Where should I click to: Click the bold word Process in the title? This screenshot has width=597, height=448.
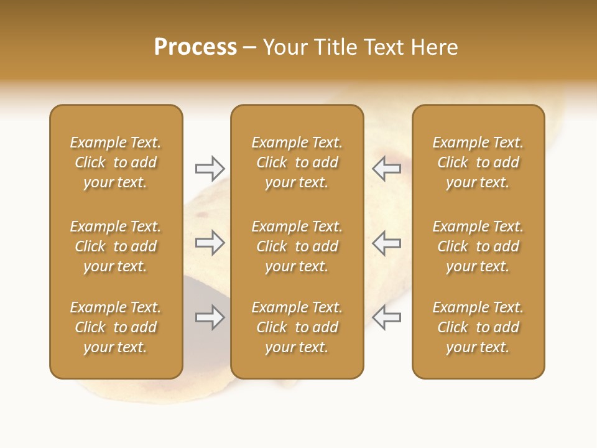(195, 47)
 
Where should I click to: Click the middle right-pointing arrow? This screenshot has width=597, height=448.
(210, 243)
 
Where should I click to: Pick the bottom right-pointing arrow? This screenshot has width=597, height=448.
(210, 317)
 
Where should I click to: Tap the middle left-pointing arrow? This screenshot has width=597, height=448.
(387, 243)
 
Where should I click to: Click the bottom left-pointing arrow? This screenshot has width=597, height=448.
(387, 317)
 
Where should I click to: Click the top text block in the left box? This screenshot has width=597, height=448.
(116, 162)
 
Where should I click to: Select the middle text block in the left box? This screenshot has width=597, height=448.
(116, 246)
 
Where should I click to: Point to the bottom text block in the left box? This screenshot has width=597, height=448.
(116, 327)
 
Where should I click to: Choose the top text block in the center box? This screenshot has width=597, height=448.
(297, 162)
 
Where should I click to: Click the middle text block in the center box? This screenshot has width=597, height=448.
(297, 246)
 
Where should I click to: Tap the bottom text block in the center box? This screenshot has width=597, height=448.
(297, 327)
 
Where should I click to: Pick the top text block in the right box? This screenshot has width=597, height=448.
(478, 162)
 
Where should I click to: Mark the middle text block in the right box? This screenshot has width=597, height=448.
(478, 246)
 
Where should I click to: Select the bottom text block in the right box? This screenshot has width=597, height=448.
(478, 327)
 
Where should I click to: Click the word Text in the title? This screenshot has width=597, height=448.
(382, 47)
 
